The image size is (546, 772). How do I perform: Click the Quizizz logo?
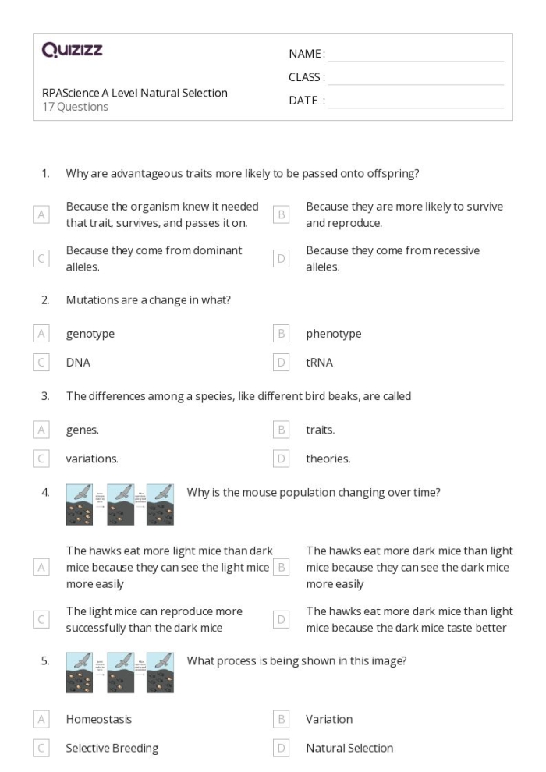tap(73, 51)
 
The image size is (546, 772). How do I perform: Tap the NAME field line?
tap(415, 55)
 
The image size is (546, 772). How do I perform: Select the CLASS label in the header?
tap(307, 77)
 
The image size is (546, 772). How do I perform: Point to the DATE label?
tap(307, 101)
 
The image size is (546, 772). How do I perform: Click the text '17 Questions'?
tap(75, 107)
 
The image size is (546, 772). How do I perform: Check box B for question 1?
tap(282, 214)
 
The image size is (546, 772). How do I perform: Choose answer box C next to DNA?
tap(41, 363)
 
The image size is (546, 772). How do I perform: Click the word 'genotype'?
tap(90, 334)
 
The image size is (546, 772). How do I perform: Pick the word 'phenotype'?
tap(333, 334)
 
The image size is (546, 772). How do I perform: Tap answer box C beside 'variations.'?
tap(41, 459)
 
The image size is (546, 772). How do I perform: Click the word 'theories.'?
tap(328, 459)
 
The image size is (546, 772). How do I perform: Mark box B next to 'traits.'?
tap(282, 430)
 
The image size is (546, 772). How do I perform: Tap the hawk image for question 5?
tap(120, 672)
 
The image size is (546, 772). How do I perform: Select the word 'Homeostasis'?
tap(98, 719)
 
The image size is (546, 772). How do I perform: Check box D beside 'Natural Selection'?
tap(282, 748)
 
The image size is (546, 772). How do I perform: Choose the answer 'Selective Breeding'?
tap(112, 748)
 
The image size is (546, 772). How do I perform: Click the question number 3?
tap(45, 396)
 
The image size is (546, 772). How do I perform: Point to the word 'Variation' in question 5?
tap(329, 719)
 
